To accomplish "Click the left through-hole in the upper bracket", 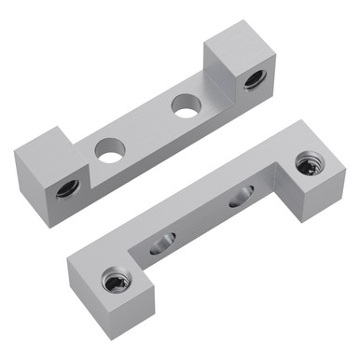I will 111,149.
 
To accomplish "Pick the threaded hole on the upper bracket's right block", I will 251,81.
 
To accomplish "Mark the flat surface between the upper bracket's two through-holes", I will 147,129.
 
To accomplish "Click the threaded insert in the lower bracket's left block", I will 114,281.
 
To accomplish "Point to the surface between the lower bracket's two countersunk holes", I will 200,220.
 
